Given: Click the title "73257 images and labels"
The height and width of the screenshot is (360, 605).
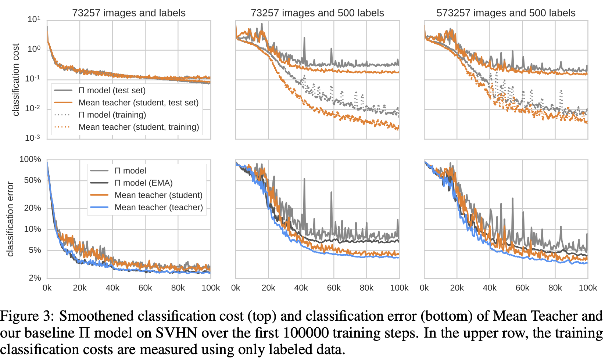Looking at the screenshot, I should pyautogui.click(x=129, y=13).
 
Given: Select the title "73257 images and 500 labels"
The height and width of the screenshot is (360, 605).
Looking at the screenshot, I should pyautogui.click(x=317, y=13).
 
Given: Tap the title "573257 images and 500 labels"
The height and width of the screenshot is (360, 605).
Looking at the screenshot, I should pyautogui.click(x=506, y=13).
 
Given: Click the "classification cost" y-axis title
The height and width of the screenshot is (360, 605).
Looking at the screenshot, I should pyautogui.click(x=15, y=80).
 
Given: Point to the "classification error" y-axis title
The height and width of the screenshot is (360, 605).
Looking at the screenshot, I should pyautogui.click(x=10, y=219).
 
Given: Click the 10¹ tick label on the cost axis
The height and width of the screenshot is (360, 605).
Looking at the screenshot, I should pyautogui.click(x=34, y=19).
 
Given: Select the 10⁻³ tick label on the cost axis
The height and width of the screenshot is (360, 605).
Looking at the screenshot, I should pyautogui.click(x=32, y=138).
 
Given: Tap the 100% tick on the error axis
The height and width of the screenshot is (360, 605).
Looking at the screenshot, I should pyautogui.click(x=30, y=159).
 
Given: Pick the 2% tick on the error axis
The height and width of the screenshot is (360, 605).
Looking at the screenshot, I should pyautogui.click(x=35, y=278).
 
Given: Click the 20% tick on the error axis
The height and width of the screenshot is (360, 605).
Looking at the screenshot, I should pyautogui.click(x=32, y=208).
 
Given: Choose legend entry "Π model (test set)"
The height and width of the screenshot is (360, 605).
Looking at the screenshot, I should pyautogui.click(x=112, y=90).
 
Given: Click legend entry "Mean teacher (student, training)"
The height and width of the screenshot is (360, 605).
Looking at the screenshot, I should pyautogui.click(x=139, y=127).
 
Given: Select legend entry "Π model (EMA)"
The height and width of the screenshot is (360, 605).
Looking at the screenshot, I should pyautogui.click(x=143, y=183).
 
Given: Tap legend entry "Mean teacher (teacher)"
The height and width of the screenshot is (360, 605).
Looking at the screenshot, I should pyautogui.click(x=158, y=207).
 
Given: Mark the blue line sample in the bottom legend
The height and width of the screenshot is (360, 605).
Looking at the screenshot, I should pyautogui.click(x=99, y=207).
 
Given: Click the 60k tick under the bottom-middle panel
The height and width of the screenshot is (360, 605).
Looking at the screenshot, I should pyautogui.click(x=334, y=288).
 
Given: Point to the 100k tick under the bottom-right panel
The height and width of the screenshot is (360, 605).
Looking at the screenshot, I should pyautogui.click(x=588, y=288).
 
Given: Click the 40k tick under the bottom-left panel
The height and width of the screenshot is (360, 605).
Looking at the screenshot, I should pyautogui.click(x=112, y=288).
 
